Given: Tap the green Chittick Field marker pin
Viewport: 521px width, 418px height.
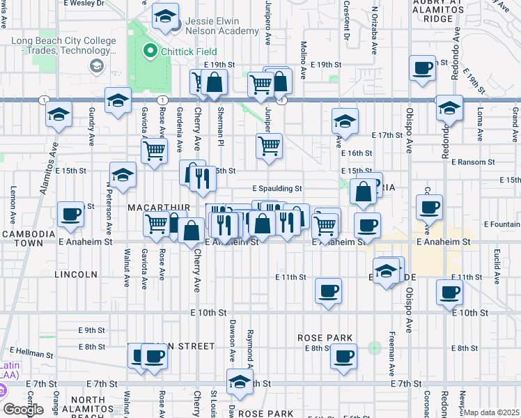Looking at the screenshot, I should pyautogui.click(x=148, y=51).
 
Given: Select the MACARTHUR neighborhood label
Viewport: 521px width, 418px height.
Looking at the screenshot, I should pyautogui.click(x=149, y=208).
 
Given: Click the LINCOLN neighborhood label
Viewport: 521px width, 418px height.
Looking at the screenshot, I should pyautogui.click(x=76, y=274).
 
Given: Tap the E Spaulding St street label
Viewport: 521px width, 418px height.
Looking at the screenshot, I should pyautogui.click(x=277, y=188).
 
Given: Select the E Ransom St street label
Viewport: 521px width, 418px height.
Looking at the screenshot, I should pyautogui.click(x=472, y=162).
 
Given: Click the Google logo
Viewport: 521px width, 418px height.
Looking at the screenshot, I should pyautogui.click(x=23, y=410).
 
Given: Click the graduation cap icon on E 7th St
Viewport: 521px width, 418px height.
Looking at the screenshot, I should pyautogui.click(x=240, y=382).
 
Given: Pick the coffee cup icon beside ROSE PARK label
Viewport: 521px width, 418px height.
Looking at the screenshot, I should pyautogui.click(x=342, y=357).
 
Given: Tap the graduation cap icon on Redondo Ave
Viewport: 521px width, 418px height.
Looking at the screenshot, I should pyautogui.click(x=450, y=109).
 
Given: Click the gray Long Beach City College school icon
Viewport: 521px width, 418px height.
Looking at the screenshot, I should pyautogui.click(x=96, y=65).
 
